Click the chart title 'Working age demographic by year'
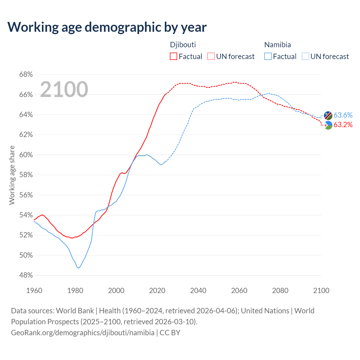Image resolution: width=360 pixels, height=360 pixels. click(x=107, y=27)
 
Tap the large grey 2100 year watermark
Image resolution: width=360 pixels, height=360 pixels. click(x=64, y=89)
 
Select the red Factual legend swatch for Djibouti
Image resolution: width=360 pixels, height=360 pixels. click(x=174, y=57)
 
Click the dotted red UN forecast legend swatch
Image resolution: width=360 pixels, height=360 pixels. click(x=211, y=57)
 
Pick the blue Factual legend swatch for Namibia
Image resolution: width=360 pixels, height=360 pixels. click(x=268, y=57)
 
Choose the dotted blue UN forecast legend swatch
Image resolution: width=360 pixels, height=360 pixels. click(x=305, y=57)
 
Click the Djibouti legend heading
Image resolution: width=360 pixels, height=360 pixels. click(x=183, y=45)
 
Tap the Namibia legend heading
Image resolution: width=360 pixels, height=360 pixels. click(x=278, y=45)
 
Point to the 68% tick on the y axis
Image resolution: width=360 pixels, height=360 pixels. click(x=26, y=75)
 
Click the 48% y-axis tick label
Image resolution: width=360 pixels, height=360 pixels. click(x=26, y=275)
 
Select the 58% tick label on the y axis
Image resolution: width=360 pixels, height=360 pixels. click(x=26, y=175)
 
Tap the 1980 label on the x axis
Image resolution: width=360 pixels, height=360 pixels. click(x=75, y=291)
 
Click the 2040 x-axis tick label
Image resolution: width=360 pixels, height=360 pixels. click(x=198, y=291)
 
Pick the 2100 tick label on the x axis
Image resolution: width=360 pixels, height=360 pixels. click(x=321, y=291)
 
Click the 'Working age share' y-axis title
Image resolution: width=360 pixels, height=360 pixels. click(x=12, y=175)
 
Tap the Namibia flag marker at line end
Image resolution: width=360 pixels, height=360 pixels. click(x=328, y=115)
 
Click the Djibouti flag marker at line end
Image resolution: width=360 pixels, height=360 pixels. click(x=328, y=125)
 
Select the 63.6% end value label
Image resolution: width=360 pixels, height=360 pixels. click(x=343, y=115)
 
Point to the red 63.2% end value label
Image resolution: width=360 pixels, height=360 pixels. click(x=343, y=125)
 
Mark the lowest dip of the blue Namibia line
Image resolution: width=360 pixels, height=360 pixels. click(x=79, y=268)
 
